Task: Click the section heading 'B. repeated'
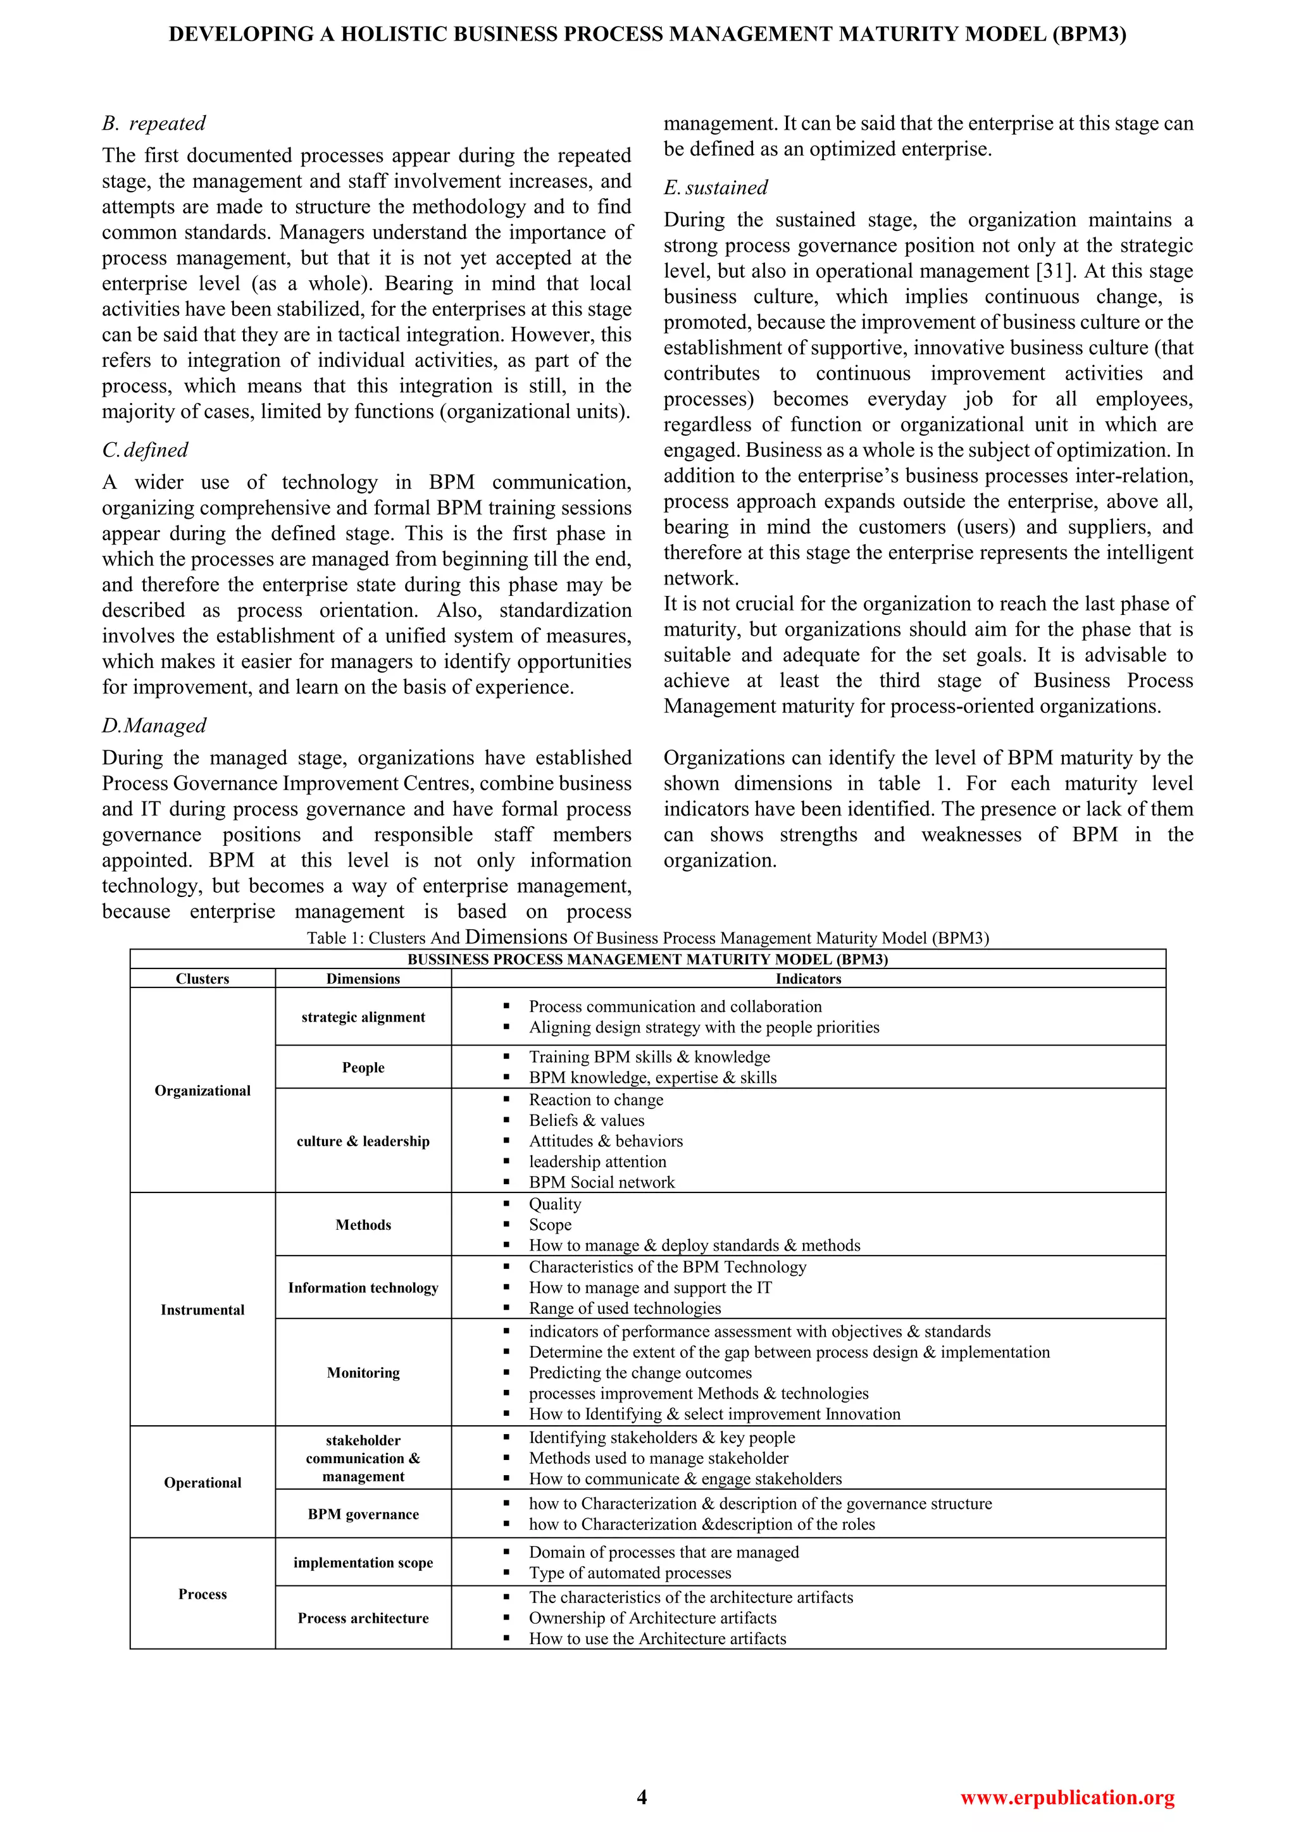[x=154, y=123]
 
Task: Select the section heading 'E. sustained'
[x=716, y=187]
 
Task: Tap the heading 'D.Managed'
[x=154, y=726]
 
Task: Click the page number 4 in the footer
[x=642, y=1797]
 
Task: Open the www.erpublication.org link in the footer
[x=1067, y=1798]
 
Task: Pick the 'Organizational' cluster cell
[x=202, y=1091]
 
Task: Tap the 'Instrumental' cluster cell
[x=202, y=1309]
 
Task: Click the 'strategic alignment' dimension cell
[x=363, y=1017]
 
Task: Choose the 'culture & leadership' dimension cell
[x=363, y=1141]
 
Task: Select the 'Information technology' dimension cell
[x=363, y=1288]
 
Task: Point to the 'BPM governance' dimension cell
[x=363, y=1514]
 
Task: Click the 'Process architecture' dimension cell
[x=363, y=1618]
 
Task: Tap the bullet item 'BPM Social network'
[x=602, y=1182]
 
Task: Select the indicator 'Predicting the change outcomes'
[x=640, y=1372]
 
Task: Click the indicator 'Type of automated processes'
[x=630, y=1573]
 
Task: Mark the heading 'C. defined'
[x=146, y=450]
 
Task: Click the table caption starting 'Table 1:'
[x=647, y=938]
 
